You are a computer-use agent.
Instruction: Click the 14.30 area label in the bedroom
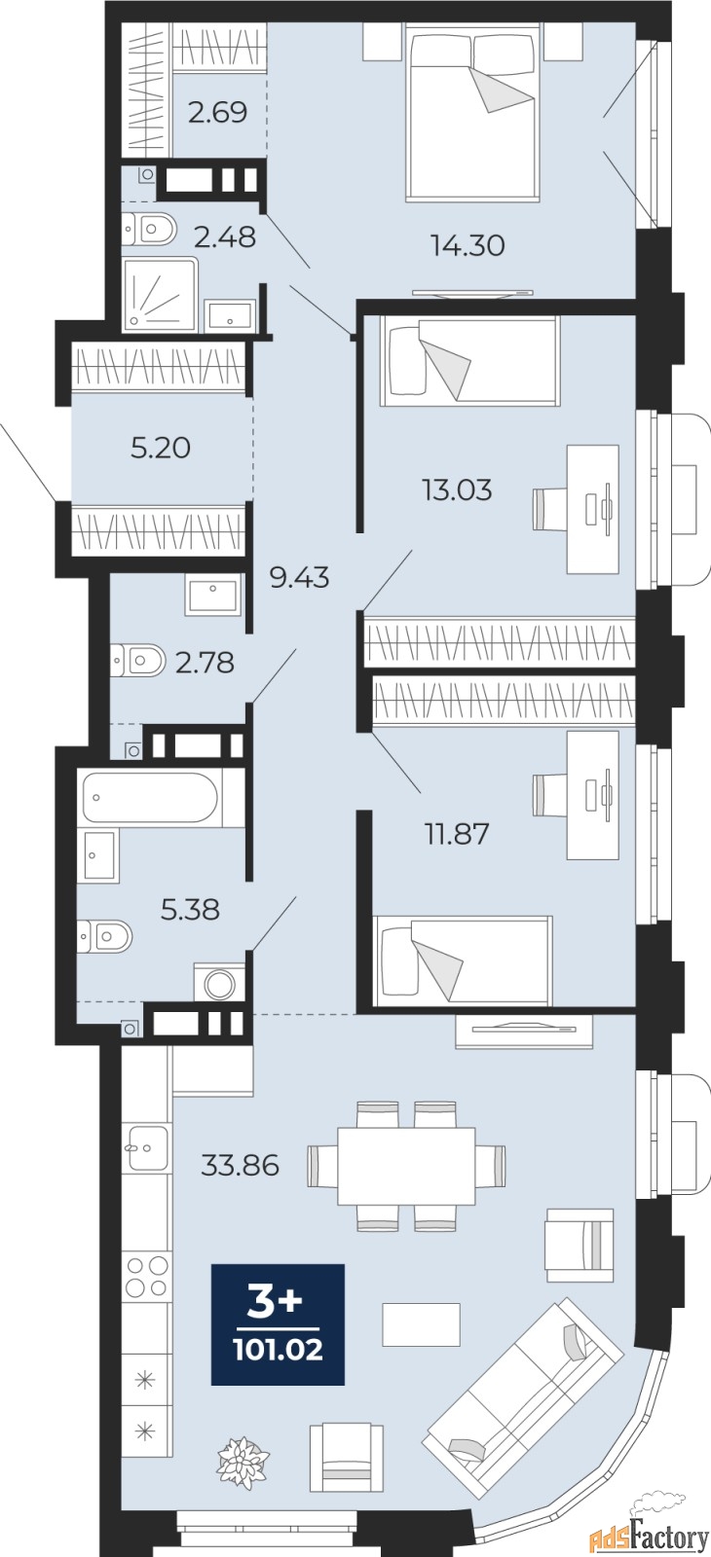coord(468,244)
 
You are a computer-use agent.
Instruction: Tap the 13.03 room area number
coord(457,490)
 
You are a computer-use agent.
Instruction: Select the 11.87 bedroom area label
coord(457,833)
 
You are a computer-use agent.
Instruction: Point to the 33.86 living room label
coord(240,1164)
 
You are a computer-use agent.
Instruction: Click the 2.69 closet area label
coord(218,112)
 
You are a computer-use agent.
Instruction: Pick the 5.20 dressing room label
coord(161,448)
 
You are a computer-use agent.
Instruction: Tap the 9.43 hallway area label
coord(299,577)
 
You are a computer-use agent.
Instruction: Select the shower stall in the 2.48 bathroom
coord(161,293)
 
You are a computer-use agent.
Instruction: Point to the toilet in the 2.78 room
coord(138,660)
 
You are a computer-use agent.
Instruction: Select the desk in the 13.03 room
coord(593,510)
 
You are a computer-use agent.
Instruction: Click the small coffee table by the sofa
coord(421,1324)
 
